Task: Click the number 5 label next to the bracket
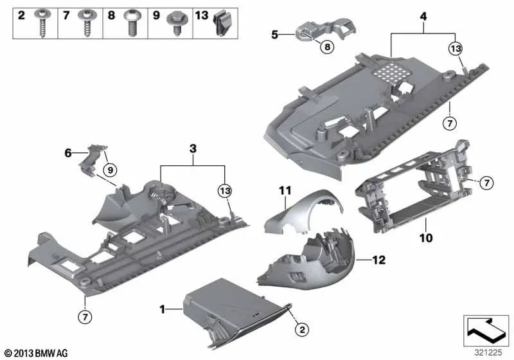click(x=274, y=35)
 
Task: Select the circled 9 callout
click(x=109, y=170)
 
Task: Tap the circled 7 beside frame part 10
click(x=487, y=184)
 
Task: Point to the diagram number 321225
click(x=486, y=353)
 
